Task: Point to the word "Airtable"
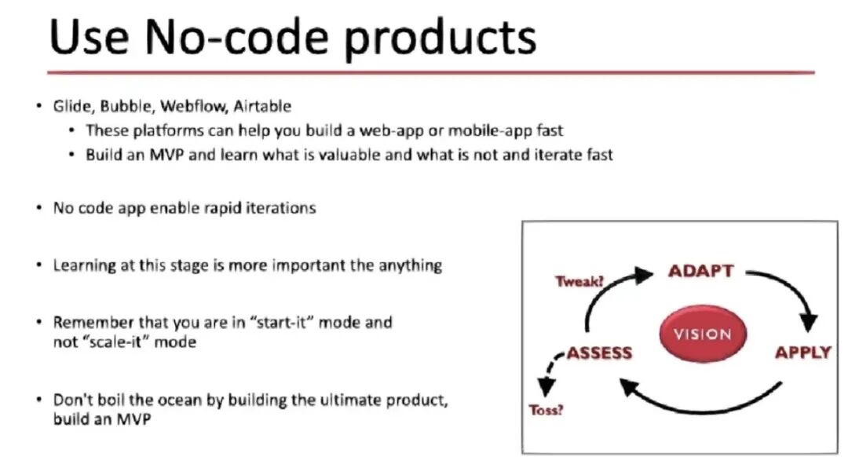click(x=262, y=106)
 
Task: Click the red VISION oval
click(x=703, y=334)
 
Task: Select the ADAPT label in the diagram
click(x=701, y=271)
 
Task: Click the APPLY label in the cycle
click(x=803, y=353)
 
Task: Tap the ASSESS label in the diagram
click(x=599, y=353)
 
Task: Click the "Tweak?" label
click(x=579, y=281)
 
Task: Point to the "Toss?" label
click(x=546, y=410)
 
